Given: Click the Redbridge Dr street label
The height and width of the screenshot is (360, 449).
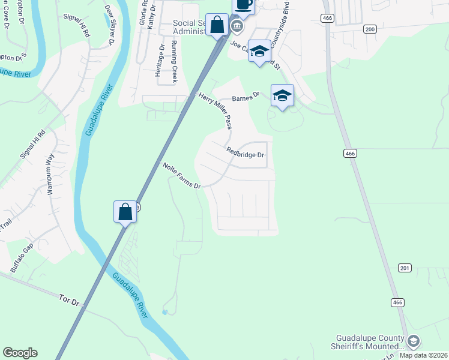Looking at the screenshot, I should [246, 154].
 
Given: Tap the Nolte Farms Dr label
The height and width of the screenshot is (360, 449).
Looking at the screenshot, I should [181, 176].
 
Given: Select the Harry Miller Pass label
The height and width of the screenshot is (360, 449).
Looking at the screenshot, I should [215, 111].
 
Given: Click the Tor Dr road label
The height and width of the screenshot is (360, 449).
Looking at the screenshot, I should [70, 298].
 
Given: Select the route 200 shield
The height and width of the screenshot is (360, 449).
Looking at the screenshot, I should [370, 29].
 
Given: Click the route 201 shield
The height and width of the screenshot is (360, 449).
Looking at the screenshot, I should [404, 268].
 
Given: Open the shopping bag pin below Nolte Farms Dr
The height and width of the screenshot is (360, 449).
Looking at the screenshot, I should [125, 212].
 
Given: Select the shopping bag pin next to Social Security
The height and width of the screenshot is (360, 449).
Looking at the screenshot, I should [217, 26].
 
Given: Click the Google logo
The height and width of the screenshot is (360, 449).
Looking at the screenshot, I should [20, 353].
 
